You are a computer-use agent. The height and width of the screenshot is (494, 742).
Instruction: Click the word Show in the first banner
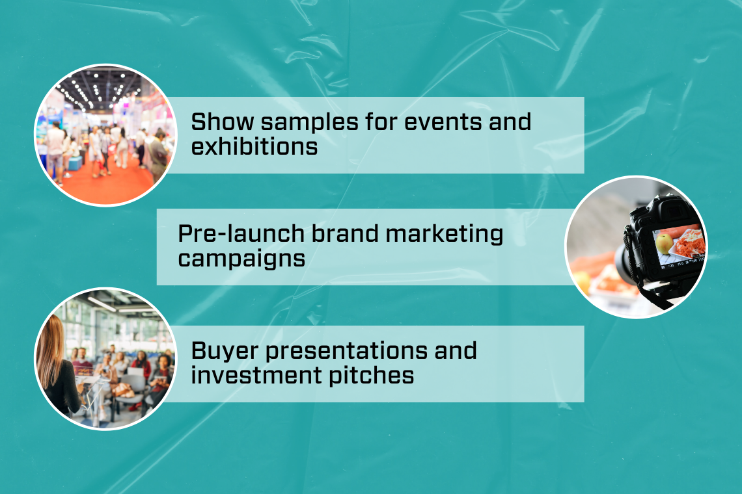click(x=223, y=122)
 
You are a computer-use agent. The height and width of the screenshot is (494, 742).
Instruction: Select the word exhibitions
click(x=254, y=146)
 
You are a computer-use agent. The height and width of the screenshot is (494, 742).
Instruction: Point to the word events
click(x=443, y=122)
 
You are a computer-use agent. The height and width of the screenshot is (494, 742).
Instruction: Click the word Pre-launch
click(x=241, y=233)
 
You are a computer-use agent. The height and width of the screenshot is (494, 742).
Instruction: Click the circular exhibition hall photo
click(x=105, y=135)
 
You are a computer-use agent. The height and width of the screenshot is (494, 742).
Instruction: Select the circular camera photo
click(x=637, y=247)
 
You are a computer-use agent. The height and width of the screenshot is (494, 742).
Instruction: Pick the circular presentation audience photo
click(x=105, y=359)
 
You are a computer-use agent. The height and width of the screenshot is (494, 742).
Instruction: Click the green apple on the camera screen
click(x=665, y=244)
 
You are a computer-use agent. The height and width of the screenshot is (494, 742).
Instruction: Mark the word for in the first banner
click(x=381, y=122)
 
